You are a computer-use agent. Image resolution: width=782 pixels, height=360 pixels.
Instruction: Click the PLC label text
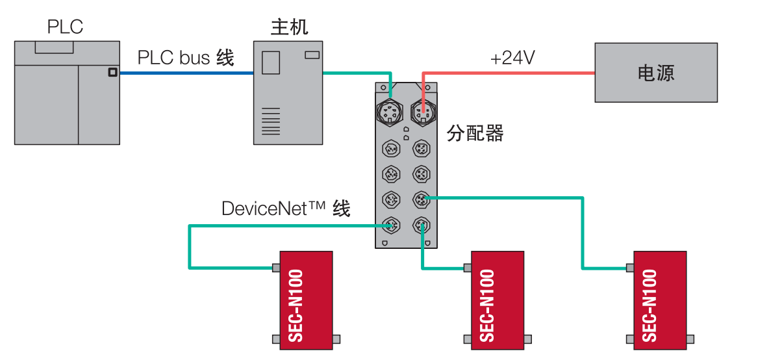coord(65,27)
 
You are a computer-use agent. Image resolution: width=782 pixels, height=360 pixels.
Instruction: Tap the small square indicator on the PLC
coord(112,73)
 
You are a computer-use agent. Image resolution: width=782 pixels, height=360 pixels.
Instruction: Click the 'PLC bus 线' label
coord(185,58)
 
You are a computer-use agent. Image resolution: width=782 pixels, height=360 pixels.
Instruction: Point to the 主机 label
coord(289,27)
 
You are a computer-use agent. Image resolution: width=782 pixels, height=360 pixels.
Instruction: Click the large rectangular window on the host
coord(270,63)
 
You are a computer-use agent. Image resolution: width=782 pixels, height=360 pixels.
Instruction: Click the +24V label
coord(512,58)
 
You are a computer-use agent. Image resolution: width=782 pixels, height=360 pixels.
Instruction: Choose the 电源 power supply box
coord(656,73)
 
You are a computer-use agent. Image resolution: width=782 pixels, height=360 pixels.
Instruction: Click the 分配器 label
coord(475,134)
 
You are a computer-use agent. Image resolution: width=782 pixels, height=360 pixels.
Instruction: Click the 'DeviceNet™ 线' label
coord(286,209)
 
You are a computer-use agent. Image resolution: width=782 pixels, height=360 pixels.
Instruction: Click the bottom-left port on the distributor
coord(391,225)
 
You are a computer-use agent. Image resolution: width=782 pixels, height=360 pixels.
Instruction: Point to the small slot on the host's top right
coord(312,55)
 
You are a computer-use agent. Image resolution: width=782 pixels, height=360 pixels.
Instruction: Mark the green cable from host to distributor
coord(357,73)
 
